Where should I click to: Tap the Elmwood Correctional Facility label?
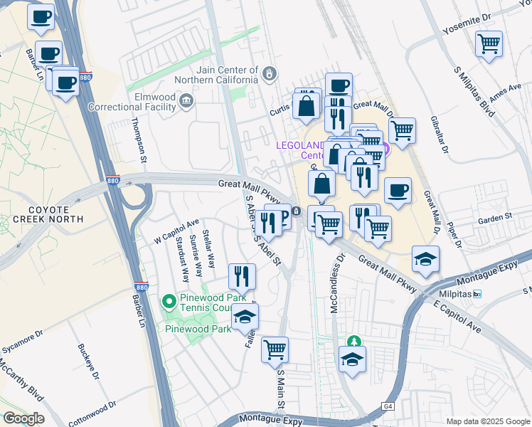point(132,102)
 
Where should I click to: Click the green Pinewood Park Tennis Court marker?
point(169,302)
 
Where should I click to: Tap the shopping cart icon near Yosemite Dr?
point(489,44)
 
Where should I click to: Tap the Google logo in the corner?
point(23,418)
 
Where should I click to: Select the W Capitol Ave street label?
point(176,232)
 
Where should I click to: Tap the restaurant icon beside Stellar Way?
point(242,276)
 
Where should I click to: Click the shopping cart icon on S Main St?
point(275,349)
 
